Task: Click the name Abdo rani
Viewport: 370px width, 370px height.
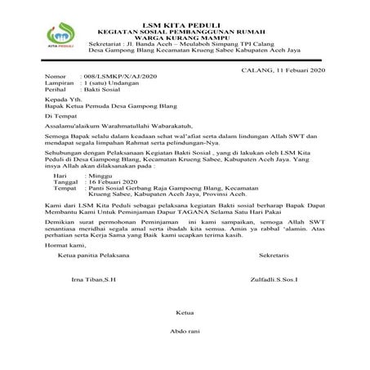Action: tap(186, 332)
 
